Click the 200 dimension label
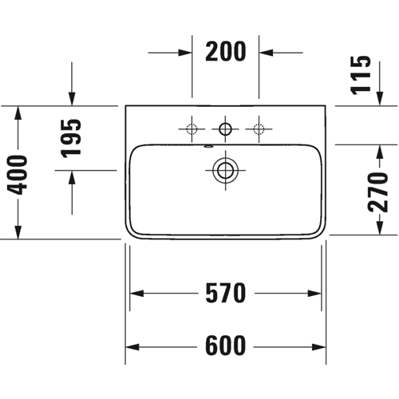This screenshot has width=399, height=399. (226, 51)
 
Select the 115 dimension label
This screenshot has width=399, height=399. (361, 75)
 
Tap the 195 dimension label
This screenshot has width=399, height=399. (71, 138)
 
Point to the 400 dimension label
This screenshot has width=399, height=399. (17, 175)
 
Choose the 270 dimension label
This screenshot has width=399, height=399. (377, 192)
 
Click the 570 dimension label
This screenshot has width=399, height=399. (226, 293)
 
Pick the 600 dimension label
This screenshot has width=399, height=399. (226, 346)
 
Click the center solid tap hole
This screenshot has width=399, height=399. (225, 129)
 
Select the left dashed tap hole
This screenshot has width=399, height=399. (192, 129)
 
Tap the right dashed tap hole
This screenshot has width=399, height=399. (259, 129)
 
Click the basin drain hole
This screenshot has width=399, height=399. (225, 170)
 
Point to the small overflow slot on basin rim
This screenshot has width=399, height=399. (208, 146)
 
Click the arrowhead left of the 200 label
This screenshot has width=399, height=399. (185, 53)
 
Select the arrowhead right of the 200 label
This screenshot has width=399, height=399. (266, 53)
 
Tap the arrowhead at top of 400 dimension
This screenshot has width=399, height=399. (18, 113)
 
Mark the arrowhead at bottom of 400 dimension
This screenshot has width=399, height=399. (18, 232)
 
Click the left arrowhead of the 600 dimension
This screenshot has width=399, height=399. (132, 347)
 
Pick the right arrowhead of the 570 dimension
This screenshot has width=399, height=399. (314, 294)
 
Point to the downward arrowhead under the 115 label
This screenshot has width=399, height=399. (380, 99)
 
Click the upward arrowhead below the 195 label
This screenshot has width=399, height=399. (72, 177)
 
